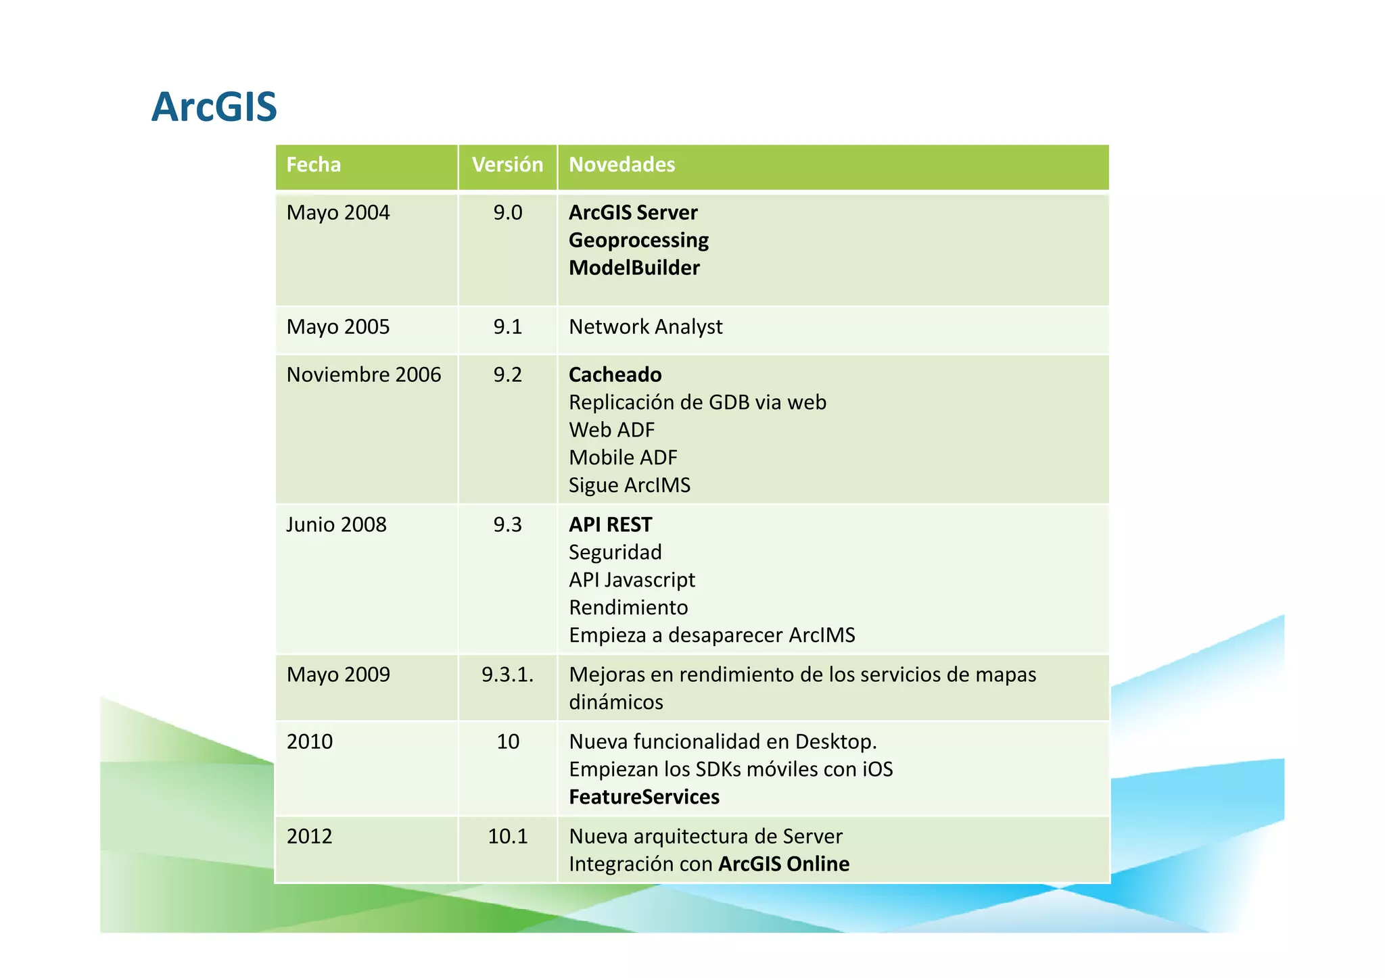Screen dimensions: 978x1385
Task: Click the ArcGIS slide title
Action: pos(214,107)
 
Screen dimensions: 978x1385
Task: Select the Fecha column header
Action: pos(313,165)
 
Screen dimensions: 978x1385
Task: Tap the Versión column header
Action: pos(507,165)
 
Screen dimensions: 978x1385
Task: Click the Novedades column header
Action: pos(621,165)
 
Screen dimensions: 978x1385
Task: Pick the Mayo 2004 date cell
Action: pos(338,213)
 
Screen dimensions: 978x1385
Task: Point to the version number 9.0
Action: pos(507,213)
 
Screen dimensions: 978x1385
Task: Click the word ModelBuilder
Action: pos(634,268)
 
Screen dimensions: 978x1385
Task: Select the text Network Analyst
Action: pos(645,327)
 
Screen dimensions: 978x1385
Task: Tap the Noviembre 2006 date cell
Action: pos(363,375)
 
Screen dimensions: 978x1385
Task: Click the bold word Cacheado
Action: pos(615,375)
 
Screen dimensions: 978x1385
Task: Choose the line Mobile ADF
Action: pos(623,458)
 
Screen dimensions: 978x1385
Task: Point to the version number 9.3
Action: pos(507,525)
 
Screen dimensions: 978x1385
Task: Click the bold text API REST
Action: pos(610,525)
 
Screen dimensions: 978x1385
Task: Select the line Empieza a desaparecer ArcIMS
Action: pos(711,635)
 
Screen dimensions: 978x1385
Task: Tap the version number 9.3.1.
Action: pos(507,675)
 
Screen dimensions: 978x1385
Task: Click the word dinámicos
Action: pos(615,702)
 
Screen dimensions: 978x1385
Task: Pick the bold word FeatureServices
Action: pos(644,798)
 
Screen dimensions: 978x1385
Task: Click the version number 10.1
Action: pos(507,837)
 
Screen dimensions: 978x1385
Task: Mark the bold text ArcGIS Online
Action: pos(783,864)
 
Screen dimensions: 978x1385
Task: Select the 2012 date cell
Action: pos(309,837)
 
